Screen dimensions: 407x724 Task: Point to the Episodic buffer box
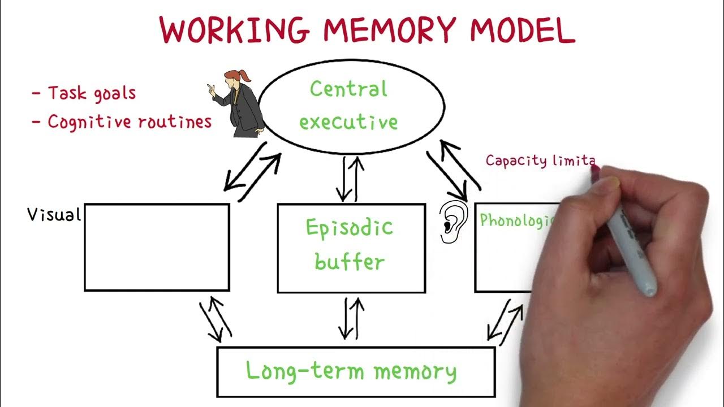click(x=351, y=248)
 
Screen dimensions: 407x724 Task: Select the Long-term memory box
click(x=356, y=371)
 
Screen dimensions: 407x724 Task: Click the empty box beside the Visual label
click(x=157, y=247)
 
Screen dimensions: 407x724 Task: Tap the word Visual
click(x=54, y=214)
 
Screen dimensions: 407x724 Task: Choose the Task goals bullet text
click(x=91, y=93)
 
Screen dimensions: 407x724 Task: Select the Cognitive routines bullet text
click(x=129, y=122)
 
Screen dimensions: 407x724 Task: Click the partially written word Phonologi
click(x=515, y=220)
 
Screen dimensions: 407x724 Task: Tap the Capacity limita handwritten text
click(x=540, y=161)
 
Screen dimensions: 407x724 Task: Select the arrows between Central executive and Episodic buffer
click(x=350, y=178)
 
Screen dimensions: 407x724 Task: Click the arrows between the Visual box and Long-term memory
click(x=216, y=320)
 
